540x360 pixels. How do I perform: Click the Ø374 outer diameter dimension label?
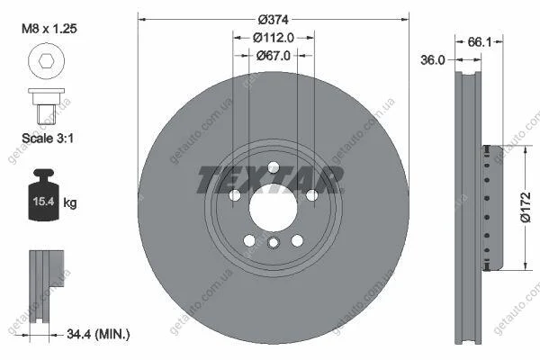[x=273, y=20]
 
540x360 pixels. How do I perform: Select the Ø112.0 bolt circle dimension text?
[x=274, y=38]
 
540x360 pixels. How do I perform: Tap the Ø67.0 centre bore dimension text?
[x=274, y=56]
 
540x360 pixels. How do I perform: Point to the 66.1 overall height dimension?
[x=480, y=42]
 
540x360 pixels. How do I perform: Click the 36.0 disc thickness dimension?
[x=433, y=60]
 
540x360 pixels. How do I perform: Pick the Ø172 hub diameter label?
[x=526, y=207]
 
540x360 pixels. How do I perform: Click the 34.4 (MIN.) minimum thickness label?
[x=98, y=334]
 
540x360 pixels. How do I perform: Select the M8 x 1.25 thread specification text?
[x=49, y=29]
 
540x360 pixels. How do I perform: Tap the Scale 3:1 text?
[x=48, y=138]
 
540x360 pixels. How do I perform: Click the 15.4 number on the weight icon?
[x=43, y=202]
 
